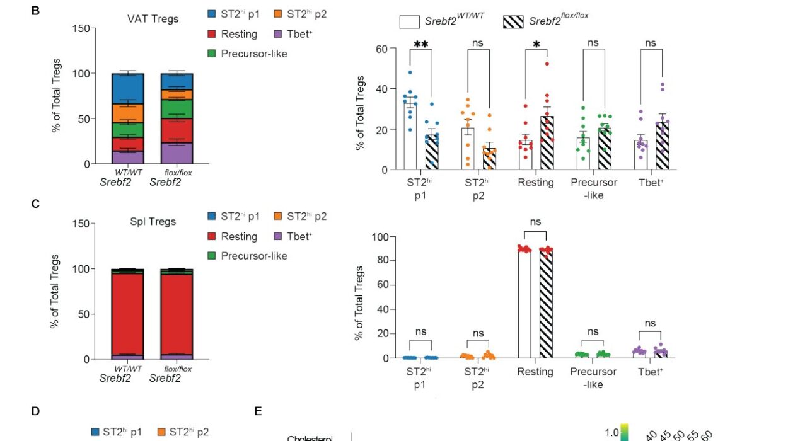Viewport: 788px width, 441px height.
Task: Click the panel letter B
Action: [x=36, y=11]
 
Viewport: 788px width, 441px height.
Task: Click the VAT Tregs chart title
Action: [x=153, y=19]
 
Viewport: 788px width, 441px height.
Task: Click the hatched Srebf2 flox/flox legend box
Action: [x=514, y=22]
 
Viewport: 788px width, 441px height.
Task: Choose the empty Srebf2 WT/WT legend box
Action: [x=410, y=22]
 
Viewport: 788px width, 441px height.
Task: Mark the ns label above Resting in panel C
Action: [x=536, y=222]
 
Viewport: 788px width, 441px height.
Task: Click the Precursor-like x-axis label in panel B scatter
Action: [x=594, y=189]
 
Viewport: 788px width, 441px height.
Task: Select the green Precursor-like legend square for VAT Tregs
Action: [x=212, y=54]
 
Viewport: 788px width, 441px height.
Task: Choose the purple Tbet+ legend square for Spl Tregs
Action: [x=279, y=236]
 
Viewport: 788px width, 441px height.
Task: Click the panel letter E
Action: [x=258, y=411]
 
